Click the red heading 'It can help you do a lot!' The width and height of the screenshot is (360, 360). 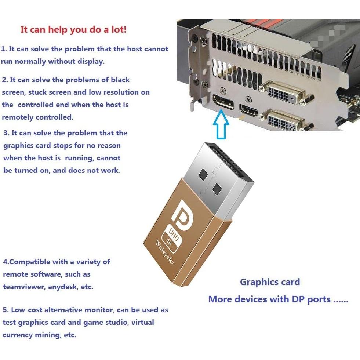click(73, 30)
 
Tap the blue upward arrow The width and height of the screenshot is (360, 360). click(221, 124)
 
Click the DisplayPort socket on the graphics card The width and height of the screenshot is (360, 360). click(223, 102)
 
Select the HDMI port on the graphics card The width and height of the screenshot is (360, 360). click(249, 110)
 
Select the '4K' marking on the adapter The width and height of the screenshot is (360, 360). click(169, 242)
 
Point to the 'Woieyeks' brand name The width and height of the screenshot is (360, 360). click(165, 252)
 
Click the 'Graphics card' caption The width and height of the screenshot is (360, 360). click(270, 282)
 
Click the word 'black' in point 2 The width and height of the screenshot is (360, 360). click(120, 80)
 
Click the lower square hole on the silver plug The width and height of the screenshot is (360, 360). click(217, 189)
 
